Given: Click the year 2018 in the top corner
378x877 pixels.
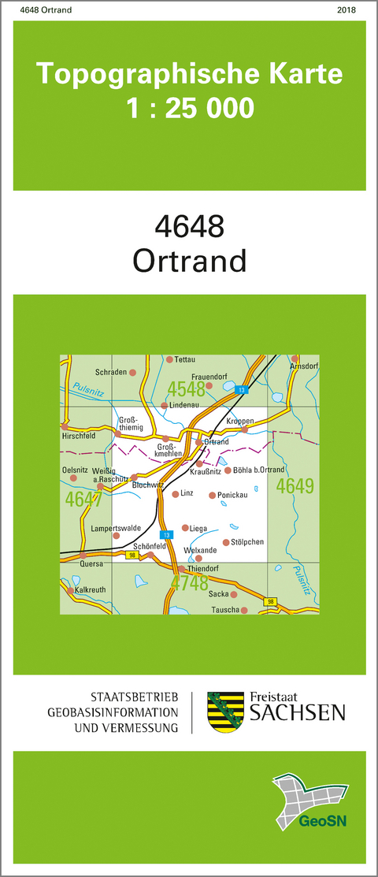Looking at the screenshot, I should click(346, 10).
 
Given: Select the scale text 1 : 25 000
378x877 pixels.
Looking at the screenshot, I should click(190, 106).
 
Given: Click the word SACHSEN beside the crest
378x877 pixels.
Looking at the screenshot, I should click(297, 713).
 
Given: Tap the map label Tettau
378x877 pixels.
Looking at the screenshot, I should click(184, 359).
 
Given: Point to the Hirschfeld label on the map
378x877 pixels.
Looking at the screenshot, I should click(78, 434).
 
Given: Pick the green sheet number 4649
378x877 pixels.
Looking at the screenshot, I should click(295, 486).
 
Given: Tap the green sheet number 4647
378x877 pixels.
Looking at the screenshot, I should click(84, 499).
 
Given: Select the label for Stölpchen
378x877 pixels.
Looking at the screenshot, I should click(247, 542).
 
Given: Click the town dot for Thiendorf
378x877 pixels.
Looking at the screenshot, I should click(181, 568).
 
